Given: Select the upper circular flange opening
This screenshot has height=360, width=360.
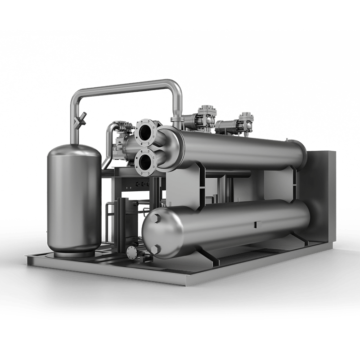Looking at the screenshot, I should pos(145,132).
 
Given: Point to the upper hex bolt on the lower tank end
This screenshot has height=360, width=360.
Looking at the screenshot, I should pos(158,219).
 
